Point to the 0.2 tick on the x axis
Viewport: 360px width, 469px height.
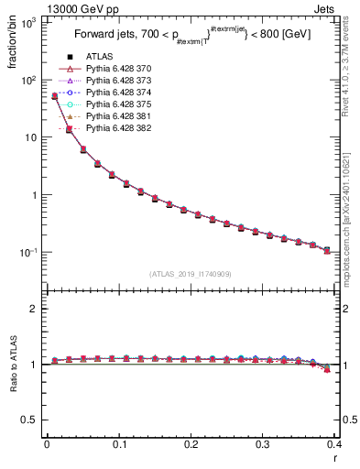pyautogui.click(x=191, y=444)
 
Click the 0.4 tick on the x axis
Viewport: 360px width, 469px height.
pyautogui.click(x=334, y=444)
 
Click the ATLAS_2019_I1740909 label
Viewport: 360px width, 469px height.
pyautogui.click(x=191, y=274)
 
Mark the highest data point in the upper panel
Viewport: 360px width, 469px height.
pyautogui.click(x=54, y=95)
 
